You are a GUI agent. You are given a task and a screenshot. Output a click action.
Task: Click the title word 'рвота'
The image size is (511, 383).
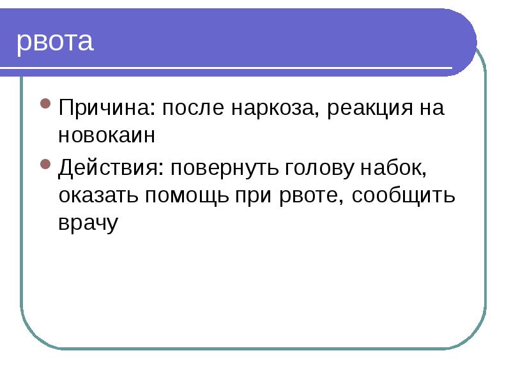tap(55, 42)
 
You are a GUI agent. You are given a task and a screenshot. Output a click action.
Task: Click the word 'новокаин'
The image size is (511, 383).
tap(107, 135)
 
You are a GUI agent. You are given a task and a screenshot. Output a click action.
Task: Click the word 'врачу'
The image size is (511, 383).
tap(88, 223)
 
